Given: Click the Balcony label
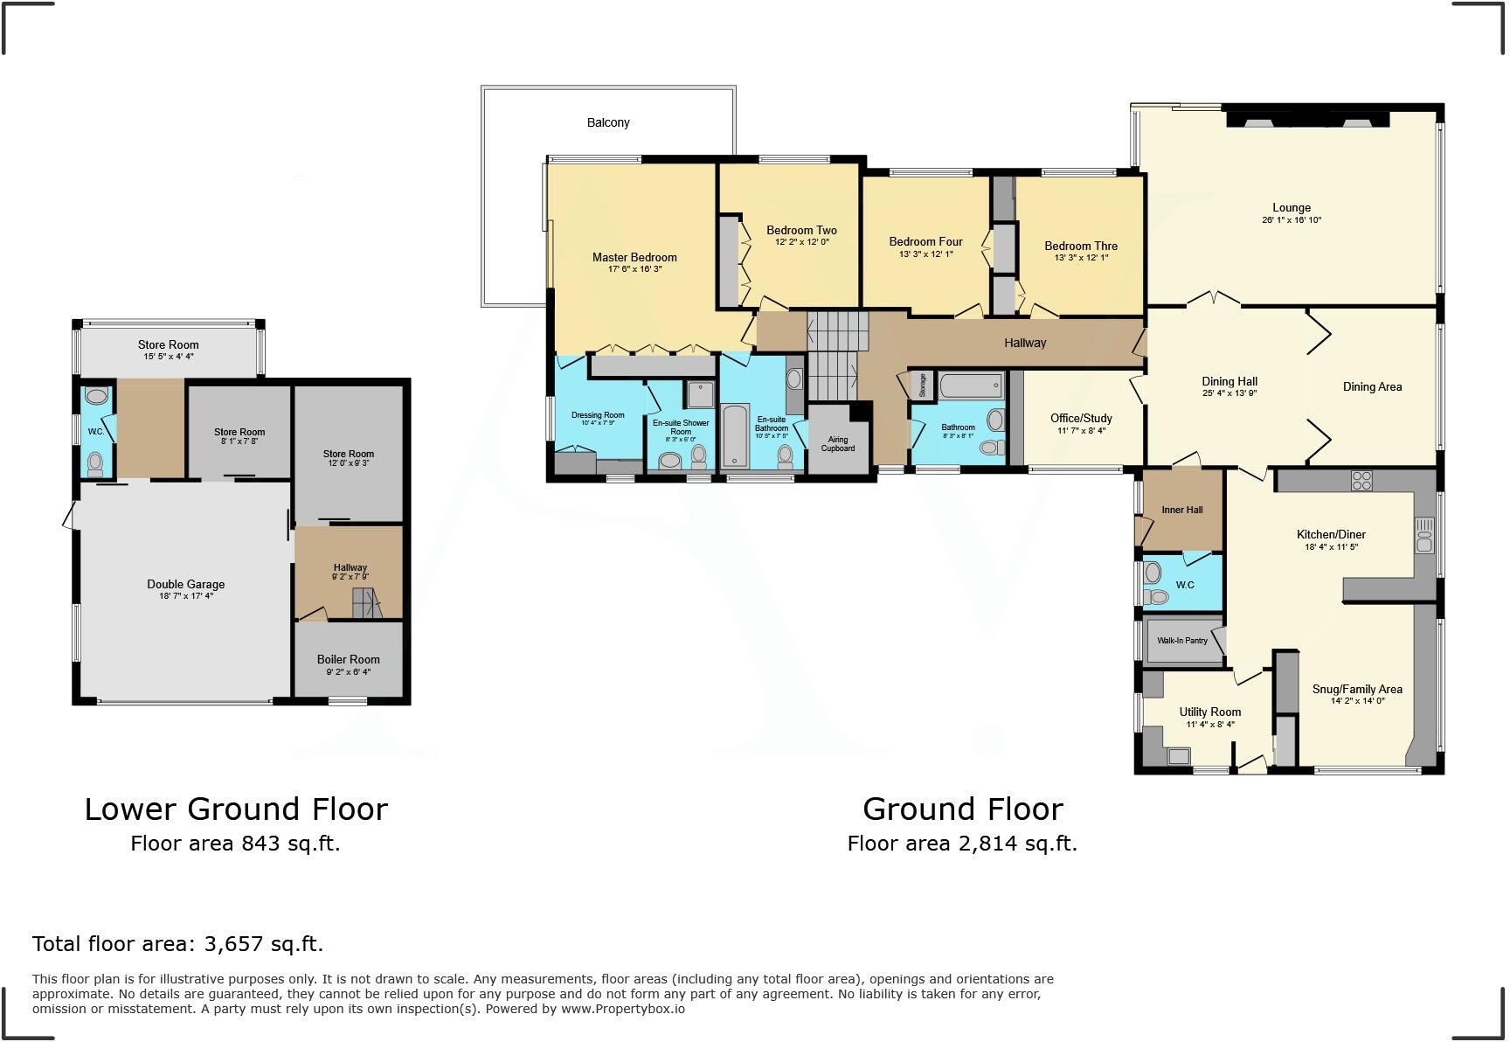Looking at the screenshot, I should point(608,122).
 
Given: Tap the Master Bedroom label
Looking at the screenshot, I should point(634,257).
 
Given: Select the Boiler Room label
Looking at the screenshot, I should point(348,659).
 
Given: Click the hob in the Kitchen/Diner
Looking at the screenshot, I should point(1361,480).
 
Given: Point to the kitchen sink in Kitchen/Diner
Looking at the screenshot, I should point(1424,535).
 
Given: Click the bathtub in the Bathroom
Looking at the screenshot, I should point(971,386).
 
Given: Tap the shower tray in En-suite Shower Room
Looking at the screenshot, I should point(699,395).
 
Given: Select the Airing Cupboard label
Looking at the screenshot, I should point(837,444).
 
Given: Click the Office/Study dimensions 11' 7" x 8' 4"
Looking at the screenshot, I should point(1081,430).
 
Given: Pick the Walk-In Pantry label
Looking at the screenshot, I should point(1181,641).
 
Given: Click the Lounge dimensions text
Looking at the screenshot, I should point(1291,220).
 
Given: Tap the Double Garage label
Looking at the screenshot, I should point(185,584).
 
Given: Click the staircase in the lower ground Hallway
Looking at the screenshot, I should point(366,603).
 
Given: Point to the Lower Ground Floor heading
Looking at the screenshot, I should point(236,809).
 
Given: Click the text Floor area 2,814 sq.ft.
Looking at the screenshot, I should point(962,844).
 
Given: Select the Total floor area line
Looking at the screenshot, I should point(177,944).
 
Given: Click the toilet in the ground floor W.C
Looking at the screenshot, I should point(1158,598).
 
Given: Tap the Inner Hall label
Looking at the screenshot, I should point(1181,510).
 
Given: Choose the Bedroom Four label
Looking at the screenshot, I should point(925,241).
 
